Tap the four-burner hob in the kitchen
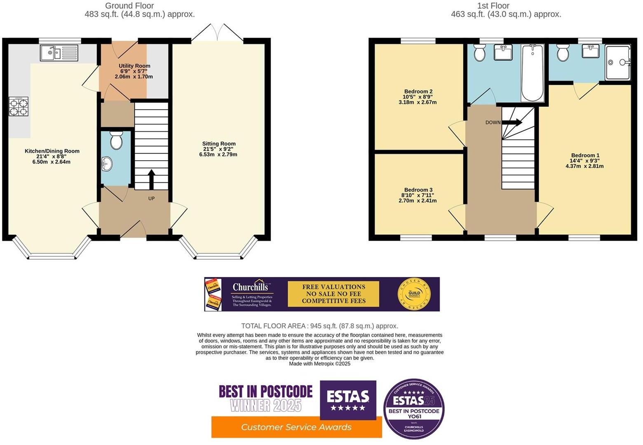click(x=19, y=106)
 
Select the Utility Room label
click(x=134, y=71)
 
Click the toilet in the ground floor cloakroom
click(x=116, y=141)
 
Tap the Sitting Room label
click(x=218, y=149)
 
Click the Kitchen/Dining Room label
click(x=52, y=156)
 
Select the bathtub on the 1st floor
click(x=532, y=73)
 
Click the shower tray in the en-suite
click(x=617, y=63)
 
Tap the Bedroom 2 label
click(x=418, y=96)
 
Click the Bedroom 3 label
click(x=418, y=195)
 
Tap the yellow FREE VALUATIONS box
click(x=333, y=294)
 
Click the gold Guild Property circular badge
click(x=414, y=294)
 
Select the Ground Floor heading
click(x=129, y=6)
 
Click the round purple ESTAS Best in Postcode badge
click(x=413, y=409)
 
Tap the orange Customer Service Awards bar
click(x=296, y=427)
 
